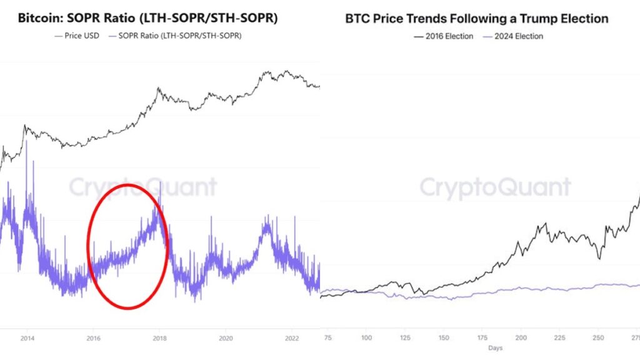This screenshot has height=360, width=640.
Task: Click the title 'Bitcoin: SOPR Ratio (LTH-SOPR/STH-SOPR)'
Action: (148, 19)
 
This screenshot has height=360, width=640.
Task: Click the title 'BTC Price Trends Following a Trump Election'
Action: (477, 19)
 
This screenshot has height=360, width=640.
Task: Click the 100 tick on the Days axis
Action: (367, 337)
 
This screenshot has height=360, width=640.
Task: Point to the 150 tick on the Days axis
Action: (444, 337)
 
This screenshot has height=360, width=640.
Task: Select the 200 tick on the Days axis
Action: (521, 337)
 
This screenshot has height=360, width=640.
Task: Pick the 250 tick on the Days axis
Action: (598, 337)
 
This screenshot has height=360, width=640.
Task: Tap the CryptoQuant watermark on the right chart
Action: (494, 187)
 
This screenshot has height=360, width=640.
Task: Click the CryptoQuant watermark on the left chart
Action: (142, 187)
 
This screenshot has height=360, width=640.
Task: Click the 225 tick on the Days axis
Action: (560, 337)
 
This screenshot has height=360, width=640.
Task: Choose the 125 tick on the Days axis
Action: (406, 337)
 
